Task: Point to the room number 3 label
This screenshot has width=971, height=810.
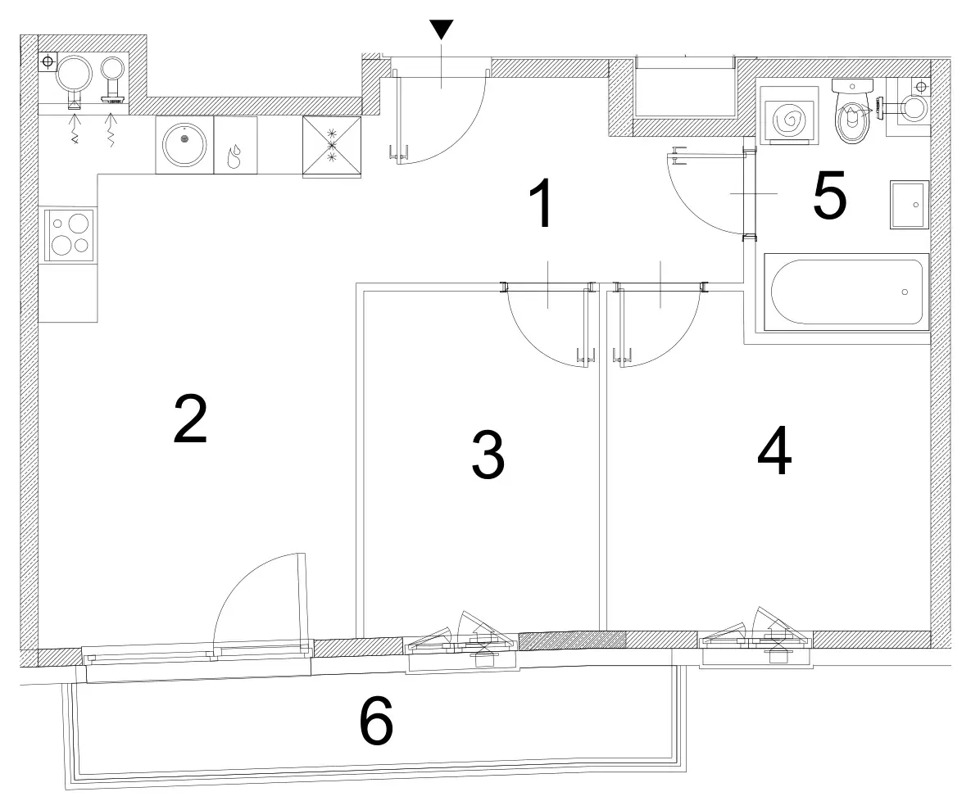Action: click(x=488, y=455)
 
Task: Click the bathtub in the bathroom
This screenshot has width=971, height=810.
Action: click(x=846, y=292)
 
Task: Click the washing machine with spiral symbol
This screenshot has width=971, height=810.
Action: click(x=784, y=115)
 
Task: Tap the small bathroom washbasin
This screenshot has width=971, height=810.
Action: click(x=910, y=205)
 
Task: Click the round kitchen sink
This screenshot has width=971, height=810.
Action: click(x=184, y=145)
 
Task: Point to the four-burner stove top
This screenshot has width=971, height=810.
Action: click(x=68, y=235)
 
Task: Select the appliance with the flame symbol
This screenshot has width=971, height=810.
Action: click(x=235, y=145)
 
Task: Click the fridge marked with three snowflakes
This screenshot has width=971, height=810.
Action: click(x=332, y=147)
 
